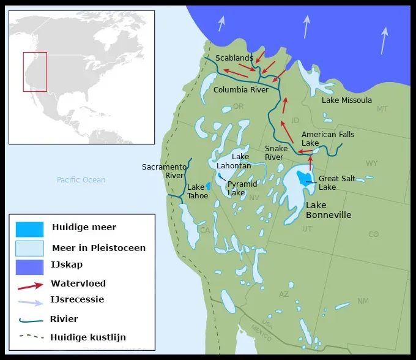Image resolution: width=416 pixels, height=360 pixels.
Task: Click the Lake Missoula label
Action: [346, 100]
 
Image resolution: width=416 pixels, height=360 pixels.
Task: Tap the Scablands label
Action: [234, 58]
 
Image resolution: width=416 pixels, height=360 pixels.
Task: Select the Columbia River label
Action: [241, 90]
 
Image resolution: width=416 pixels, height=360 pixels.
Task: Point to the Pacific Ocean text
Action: [81, 180]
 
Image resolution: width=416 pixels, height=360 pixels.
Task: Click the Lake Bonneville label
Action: [329, 210]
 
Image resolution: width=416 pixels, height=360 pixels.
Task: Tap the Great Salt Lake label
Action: [336, 182]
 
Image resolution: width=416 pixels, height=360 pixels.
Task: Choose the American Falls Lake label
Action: [327, 138]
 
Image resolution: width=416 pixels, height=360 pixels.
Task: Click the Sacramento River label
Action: [164, 171]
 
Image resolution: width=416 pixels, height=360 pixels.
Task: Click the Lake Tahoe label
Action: [197, 192]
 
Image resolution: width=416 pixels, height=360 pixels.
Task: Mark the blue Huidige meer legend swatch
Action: [29, 229]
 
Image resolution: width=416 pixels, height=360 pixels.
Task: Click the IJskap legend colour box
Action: [29, 267]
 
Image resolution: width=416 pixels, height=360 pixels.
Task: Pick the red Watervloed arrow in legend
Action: [30, 285]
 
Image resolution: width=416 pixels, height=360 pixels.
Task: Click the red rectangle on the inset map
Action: [35, 72]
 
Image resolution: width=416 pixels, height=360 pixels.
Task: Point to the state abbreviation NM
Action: [363, 301]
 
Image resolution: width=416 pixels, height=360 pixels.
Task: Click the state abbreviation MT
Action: [382, 109]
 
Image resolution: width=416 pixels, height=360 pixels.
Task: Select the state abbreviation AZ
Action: [284, 294]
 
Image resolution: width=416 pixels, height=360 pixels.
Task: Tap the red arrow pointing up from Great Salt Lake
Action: [310, 162]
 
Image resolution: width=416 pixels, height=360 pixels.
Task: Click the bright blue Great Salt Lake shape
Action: [303, 178]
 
